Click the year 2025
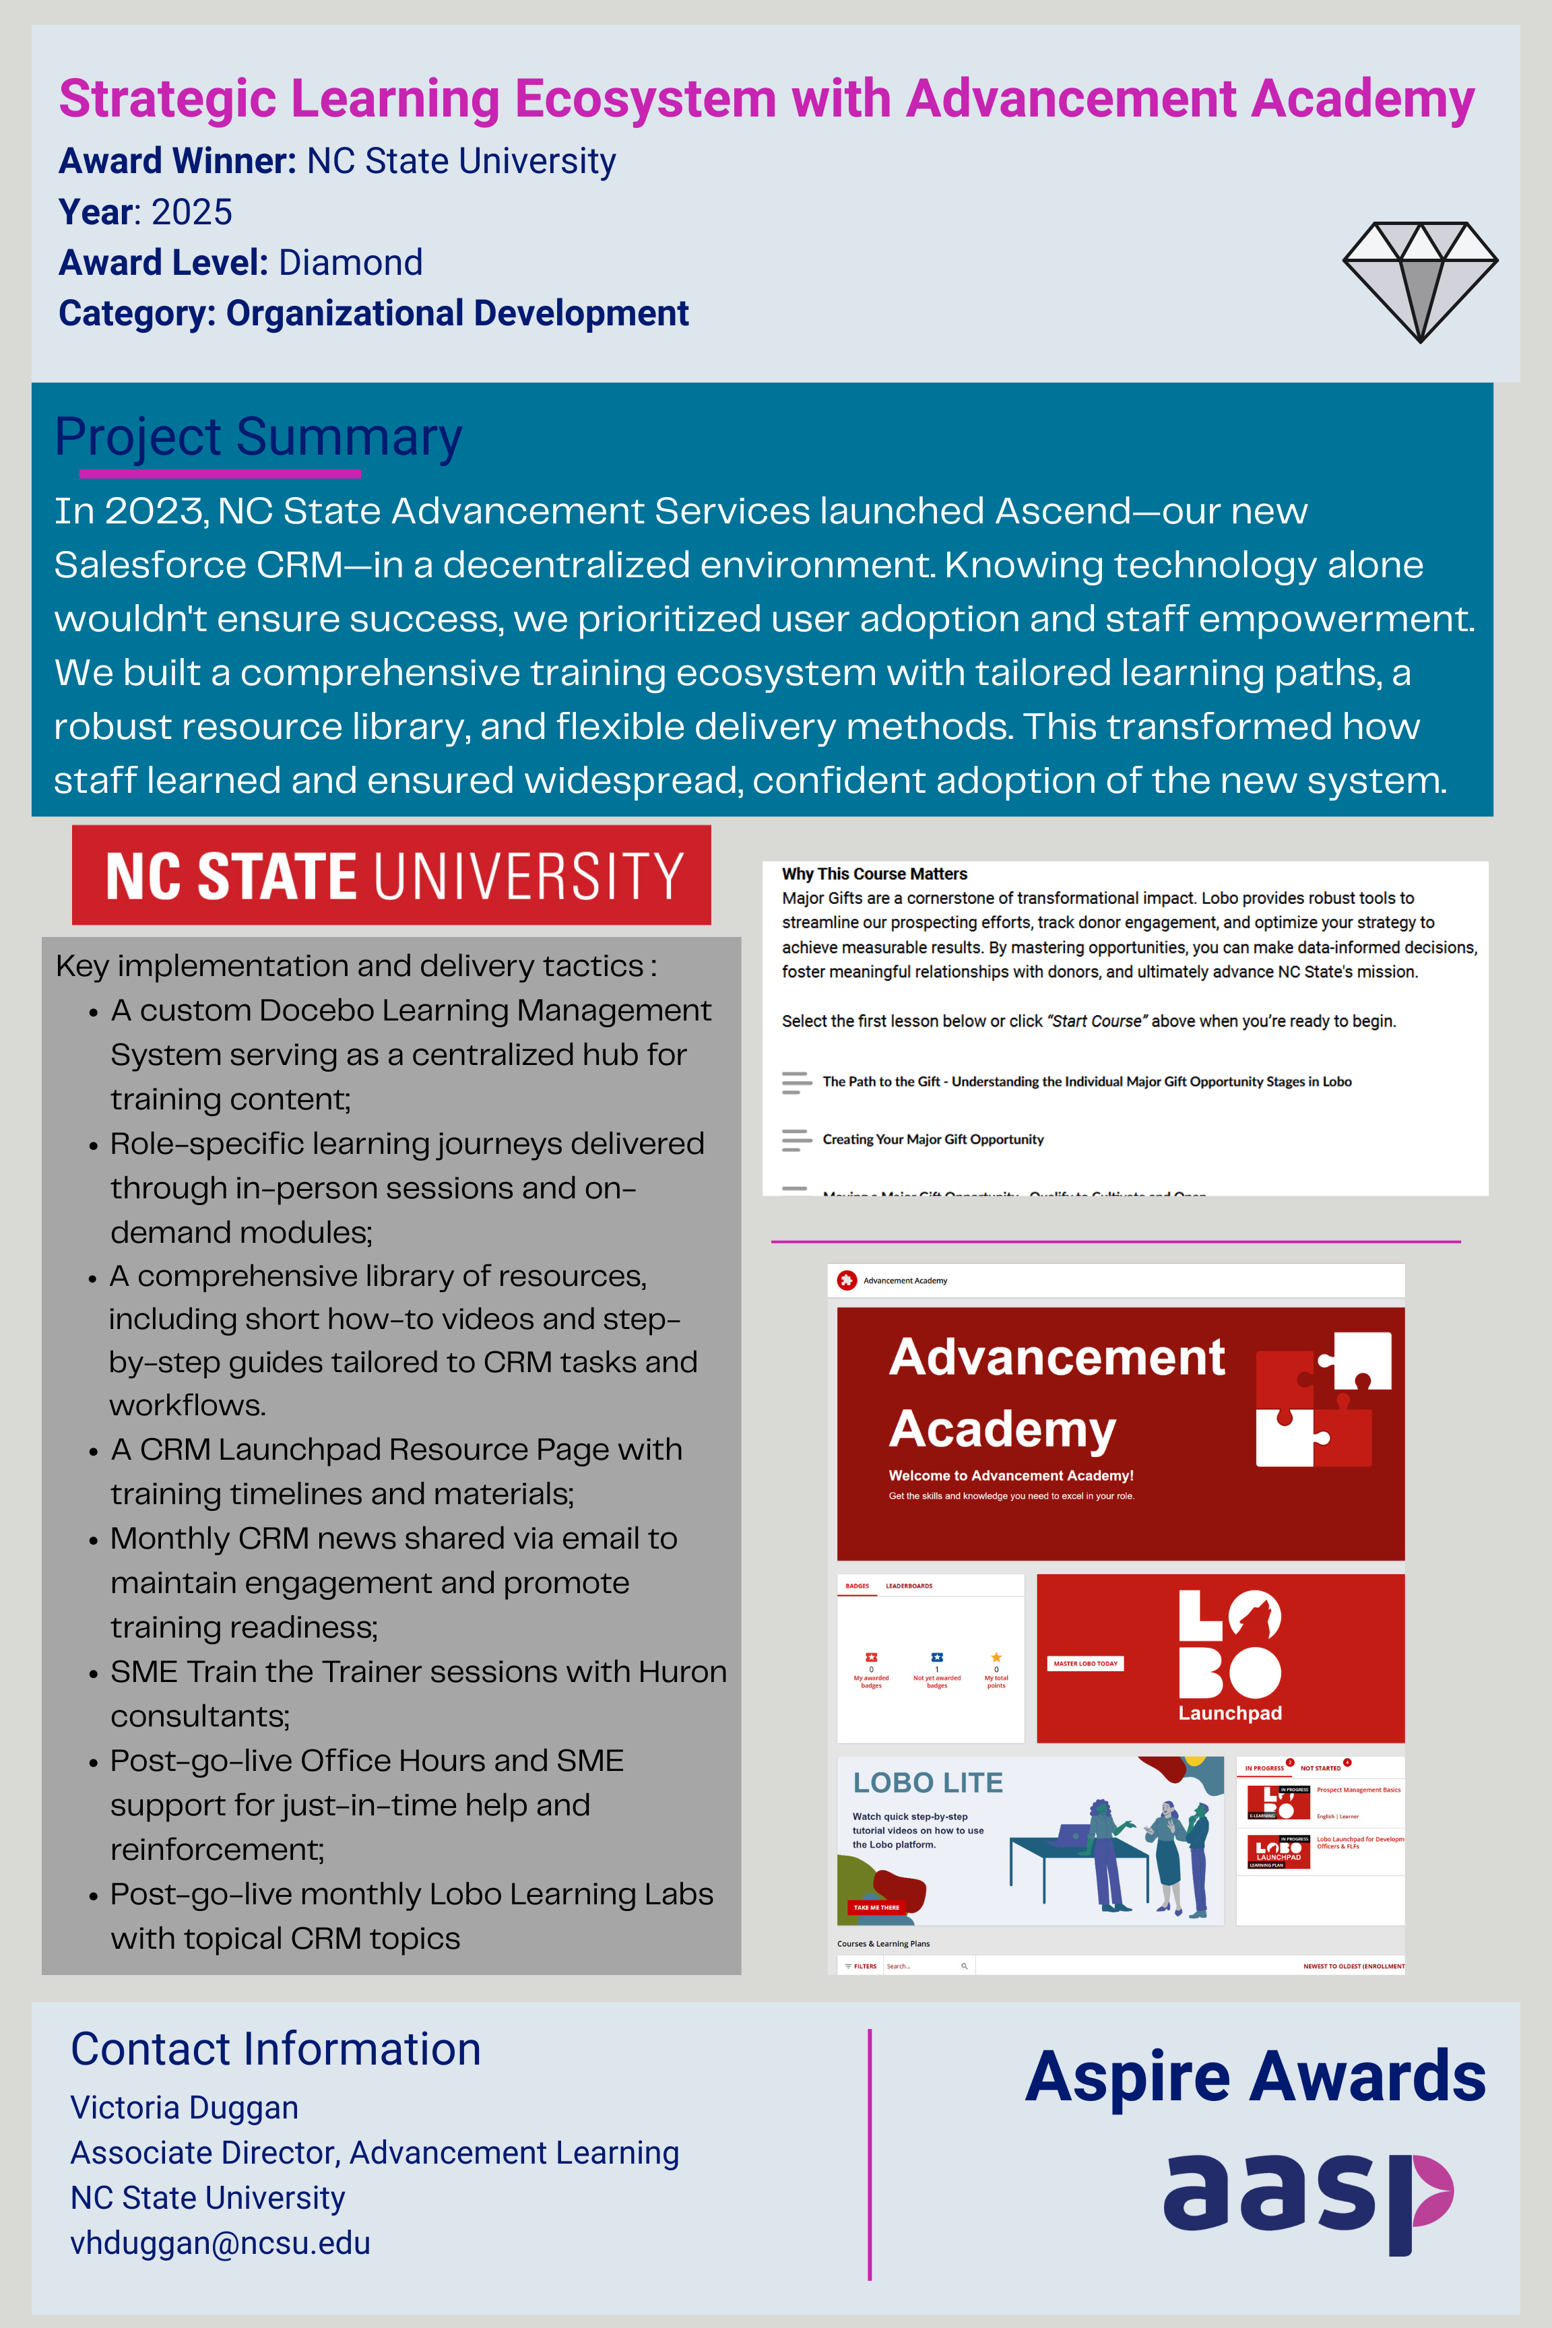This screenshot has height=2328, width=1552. point(191,212)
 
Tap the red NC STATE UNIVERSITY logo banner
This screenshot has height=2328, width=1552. point(392,875)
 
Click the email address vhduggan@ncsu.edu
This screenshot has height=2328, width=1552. point(221,2243)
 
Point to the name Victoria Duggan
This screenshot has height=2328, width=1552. point(184,2107)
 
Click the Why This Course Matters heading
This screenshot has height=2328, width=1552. point(874,874)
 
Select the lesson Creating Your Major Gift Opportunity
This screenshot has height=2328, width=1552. point(932,1139)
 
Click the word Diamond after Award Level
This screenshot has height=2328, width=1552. point(350,262)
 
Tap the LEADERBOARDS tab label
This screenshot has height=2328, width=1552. point(909,1586)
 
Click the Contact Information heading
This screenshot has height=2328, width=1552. point(275,2049)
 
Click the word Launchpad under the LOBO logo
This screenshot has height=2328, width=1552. point(1229,1714)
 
